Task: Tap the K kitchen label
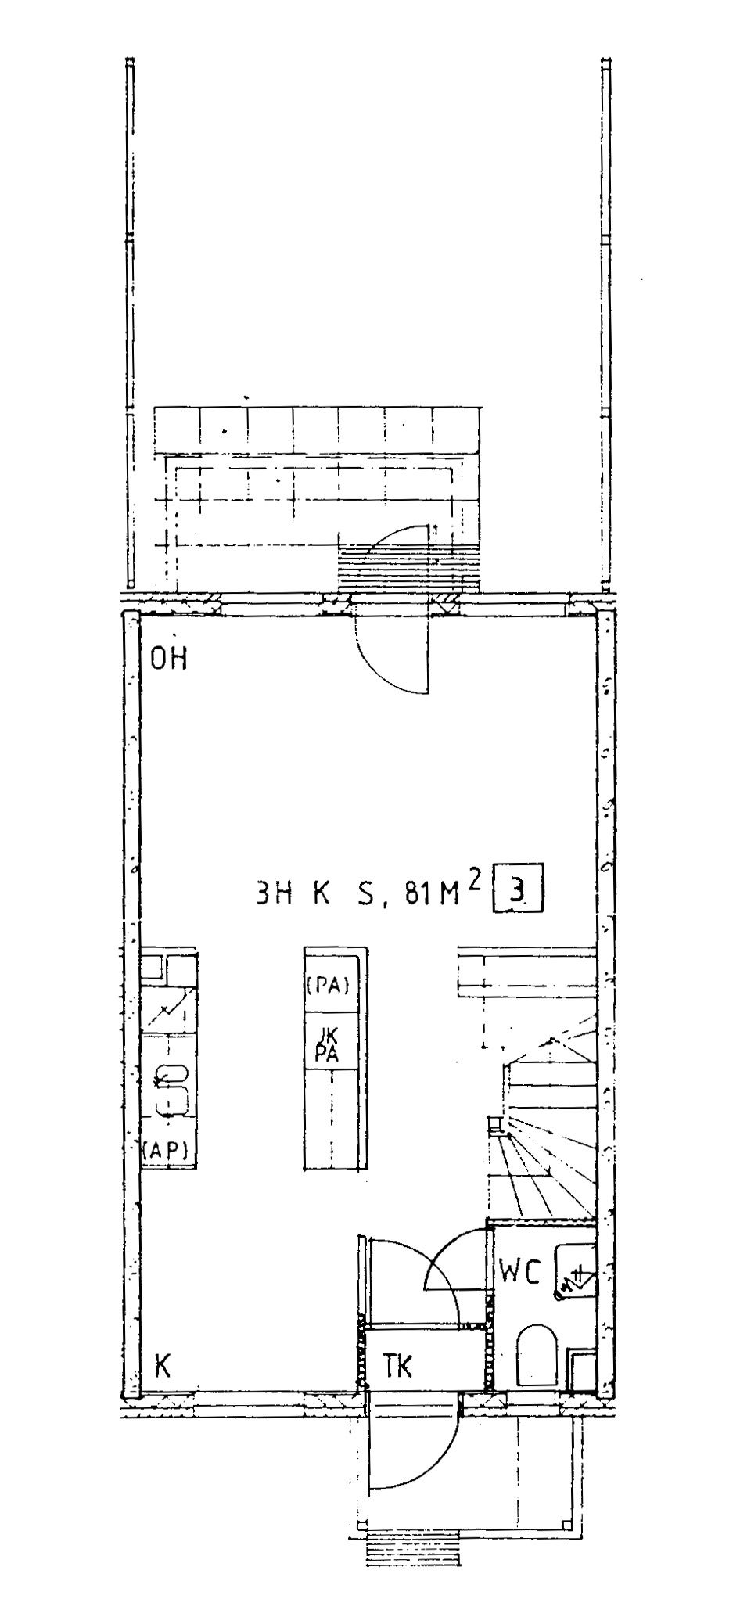click(163, 1365)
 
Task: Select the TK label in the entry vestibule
click(397, 1365)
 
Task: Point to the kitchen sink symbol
click(171, 1089)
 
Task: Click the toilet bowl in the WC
click(536, 1352)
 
